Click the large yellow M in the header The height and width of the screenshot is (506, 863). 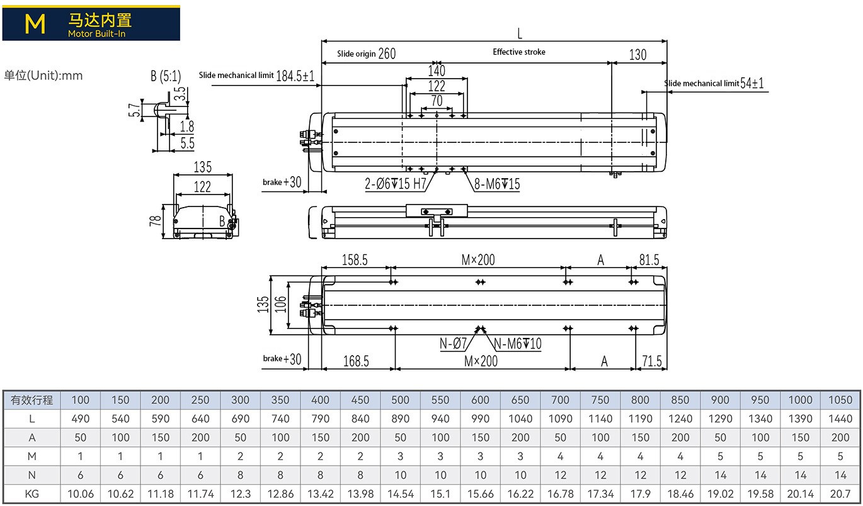pos(35,23)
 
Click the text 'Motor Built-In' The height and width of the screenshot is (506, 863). pos(97,34)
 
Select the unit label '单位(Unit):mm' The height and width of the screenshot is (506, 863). pos(43,75)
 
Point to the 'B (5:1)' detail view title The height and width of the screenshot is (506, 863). pos(166,76)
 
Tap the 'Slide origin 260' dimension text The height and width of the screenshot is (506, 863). pos(367,53)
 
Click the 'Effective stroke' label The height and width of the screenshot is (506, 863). pos(519,52)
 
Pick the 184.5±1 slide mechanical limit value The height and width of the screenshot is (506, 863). pos(295,76)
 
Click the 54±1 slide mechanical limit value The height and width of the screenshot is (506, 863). pos(752,82)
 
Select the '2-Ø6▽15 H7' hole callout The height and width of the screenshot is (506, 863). pos(396,184)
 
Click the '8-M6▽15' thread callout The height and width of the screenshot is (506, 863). pos(497,184)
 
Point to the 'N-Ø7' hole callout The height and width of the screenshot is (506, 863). pos(453,343)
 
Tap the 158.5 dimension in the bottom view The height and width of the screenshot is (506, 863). pos(355,260)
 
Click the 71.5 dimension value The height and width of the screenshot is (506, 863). pos(652,361)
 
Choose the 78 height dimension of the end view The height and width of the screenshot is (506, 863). pos(155,220)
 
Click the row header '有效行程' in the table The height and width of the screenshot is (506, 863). pos(32,400)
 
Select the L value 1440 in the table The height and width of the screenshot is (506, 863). pos(840,419)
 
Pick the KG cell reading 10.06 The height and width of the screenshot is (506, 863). pos(81,493)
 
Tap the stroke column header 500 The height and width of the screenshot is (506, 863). pos(400,400)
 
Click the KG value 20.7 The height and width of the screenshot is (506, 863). pos(840,493)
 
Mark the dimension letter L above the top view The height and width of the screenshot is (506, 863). pos(520,34)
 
